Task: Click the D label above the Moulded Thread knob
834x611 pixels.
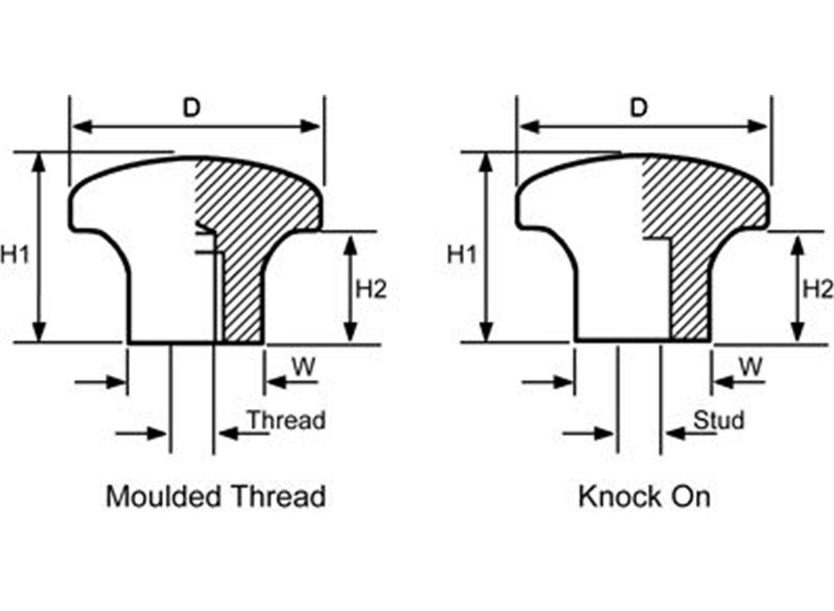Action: tap(191, 108)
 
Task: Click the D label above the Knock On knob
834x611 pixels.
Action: tap(639, 108)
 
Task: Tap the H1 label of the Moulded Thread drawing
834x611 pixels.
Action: tap(15, 255)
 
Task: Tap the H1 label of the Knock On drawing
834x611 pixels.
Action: tap(462, 255)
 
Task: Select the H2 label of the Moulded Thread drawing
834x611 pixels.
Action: tap(371, 289)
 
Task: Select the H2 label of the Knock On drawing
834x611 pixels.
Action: tap(817, 289)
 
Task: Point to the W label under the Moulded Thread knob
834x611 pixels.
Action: tap(302, 367)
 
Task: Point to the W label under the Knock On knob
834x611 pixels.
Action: tap(750, 367)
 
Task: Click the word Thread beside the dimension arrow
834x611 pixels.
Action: tap(286, 421)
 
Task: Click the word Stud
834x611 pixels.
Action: tap(719, 421)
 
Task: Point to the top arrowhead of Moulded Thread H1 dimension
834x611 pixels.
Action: tap(40, 160)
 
